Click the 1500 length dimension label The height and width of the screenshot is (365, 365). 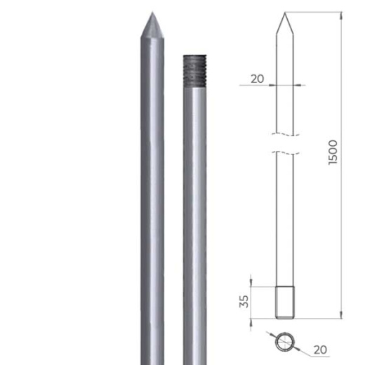click(333, 152)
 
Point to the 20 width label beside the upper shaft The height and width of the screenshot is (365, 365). click(257, 79)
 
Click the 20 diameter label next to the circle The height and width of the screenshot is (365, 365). click(320, 349)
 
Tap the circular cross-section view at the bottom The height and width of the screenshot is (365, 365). click(285, 343)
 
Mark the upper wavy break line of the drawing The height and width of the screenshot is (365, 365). click(284, 133)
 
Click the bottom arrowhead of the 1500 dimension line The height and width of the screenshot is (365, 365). click(343, 315)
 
